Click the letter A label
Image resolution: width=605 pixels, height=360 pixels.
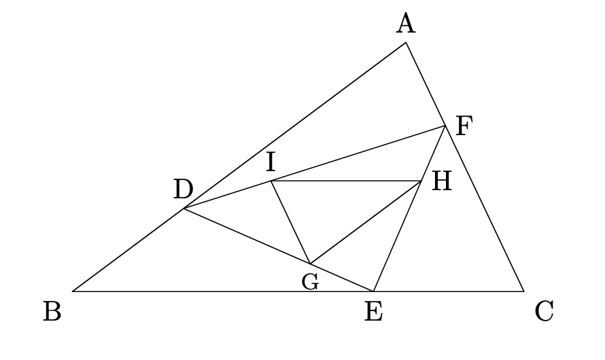pyautogui.click(x=406, y=24)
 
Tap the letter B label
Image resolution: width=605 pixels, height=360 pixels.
pyautogui.click(x=52, y=312)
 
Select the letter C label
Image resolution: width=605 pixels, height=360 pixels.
pyautogui.click(x=544, y=312)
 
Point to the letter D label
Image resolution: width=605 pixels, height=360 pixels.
pyautogui.click(x=184, y=190)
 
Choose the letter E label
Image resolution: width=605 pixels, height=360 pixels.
pyautogui.click(x=373, y=312)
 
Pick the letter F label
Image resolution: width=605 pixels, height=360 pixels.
pyautogui.click(x=464, y=126)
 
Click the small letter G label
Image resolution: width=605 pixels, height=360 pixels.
pyautogui.click(x=310, y=282)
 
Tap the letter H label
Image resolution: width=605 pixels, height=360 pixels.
pyautogui.click(x=442, y=181)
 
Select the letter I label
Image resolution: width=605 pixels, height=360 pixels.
pyautogui.click(x=271, y=162)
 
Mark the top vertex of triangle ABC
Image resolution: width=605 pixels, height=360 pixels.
pyautogui.click(x=406, y=43)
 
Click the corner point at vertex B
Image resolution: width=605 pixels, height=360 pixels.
pyautogui.click(x=73, y=291)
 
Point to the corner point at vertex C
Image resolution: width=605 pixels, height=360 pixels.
pyautogui.click(x=523, y=291)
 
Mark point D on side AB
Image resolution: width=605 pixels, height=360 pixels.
pyautogui.click(x=184, y=209)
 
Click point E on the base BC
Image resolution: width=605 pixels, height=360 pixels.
pyautogui.click(x=373, y=291)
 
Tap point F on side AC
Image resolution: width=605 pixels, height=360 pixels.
pyautogui.click(x=445, y=126)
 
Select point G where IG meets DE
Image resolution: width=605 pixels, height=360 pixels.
pyautogui.click(x=310, y=264)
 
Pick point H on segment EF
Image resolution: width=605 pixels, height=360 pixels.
pyautogui.click(x=421, y=181)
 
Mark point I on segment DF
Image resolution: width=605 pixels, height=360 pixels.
pyautogui.click(x=271, y=181)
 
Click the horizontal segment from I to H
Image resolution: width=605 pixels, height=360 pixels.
pyautogui.click(x=346, y=181)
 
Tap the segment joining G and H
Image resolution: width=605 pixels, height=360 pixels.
pyautogui.click(x=366, y=222)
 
